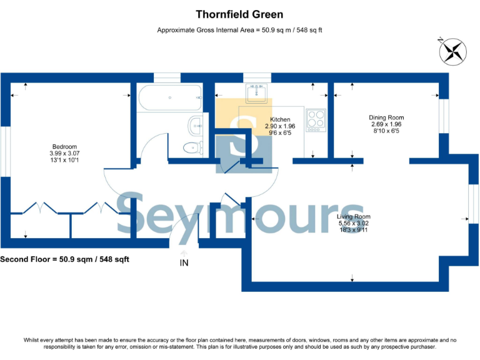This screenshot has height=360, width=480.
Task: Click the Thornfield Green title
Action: [240, 14]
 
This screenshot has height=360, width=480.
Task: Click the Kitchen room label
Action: [279, 119]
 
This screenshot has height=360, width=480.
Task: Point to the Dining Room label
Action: [387, 117]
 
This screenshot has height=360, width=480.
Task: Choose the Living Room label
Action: [354, 217]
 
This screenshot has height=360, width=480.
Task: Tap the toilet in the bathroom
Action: [193, 148]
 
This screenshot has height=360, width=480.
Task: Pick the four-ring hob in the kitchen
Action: [316, 120]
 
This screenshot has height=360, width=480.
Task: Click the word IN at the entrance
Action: [184, 263]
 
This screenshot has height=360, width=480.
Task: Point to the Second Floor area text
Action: [64, 259]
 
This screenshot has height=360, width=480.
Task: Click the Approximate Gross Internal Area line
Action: [239, 30]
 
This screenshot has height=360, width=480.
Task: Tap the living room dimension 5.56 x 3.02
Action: [354, 223]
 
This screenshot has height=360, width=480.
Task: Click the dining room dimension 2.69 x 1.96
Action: [387, 124]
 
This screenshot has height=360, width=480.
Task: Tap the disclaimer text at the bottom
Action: [240, 343]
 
